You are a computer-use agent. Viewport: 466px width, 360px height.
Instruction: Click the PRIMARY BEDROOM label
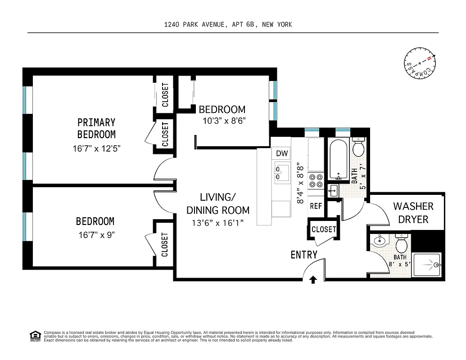tap(96, 128)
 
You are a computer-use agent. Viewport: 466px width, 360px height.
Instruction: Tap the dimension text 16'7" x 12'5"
tap(96, 148)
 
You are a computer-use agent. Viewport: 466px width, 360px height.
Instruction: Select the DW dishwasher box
tap(282, 153)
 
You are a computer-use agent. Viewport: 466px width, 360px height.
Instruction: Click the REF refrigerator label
tap(316, 206)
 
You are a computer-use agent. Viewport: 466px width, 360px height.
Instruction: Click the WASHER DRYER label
tap(413, 213)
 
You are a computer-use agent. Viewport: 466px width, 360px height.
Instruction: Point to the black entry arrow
tap(313, 280)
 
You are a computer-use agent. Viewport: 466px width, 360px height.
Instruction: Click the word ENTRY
tap(304, 255)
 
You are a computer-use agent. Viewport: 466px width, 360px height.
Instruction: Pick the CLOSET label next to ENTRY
tap(324, 229)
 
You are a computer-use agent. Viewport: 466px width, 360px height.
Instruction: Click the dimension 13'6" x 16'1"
tap(218, 222)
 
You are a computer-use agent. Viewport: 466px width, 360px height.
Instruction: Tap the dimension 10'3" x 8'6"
tap(224, 121)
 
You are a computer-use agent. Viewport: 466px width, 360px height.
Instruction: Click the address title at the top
tap(228, 24)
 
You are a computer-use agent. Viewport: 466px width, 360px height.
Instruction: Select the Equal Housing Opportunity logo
tap(35, 335)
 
